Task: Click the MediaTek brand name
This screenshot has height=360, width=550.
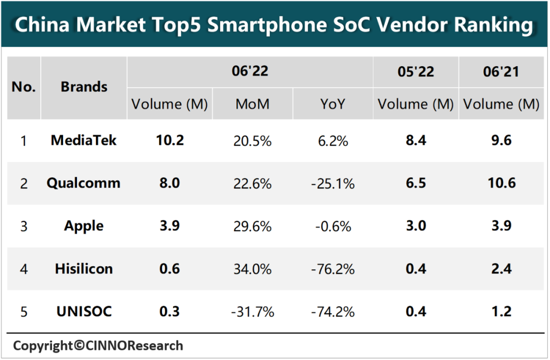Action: [x=84, y=141]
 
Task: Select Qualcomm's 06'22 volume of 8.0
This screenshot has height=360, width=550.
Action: [x=170, y=183]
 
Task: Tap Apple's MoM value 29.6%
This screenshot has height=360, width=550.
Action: [x=252, y=226]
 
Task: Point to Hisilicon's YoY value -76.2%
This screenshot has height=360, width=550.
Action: [x=334, y=269]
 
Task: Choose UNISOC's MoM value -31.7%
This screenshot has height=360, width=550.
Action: [x=252, y=312]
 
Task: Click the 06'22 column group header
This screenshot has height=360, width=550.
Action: [x=250, y=71]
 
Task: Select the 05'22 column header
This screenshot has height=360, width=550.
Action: [x=416, y=72]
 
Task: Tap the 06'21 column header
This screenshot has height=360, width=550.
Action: [x=501, y=72]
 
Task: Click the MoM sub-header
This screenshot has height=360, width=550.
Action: [x=252, y=104]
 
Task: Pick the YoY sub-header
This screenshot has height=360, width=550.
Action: [x=333, y=104]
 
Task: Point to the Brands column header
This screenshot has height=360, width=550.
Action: [x=84, y=87]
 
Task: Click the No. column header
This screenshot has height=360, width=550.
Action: [x=23, y=87]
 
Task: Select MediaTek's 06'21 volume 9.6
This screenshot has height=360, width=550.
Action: [x=501, y=141]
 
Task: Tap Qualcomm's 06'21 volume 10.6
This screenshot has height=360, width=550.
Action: [x=501, y=183]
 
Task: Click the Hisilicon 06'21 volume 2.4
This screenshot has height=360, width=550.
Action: [x=501, y=269]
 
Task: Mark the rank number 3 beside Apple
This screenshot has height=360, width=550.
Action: [x=23, y=226]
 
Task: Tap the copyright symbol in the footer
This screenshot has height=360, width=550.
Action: [x=78, y=346]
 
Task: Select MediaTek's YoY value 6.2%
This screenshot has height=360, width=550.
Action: [x=334, y=141]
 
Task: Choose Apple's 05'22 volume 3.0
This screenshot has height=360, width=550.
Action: [x=416, y=226]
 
